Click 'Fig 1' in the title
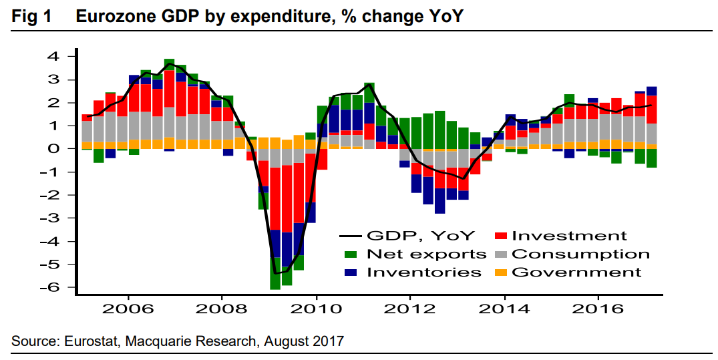tap(32, 17)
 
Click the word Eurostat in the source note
tap(88, 341)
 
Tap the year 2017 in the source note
tap(329, 341)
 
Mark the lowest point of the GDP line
tap(275, 273)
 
